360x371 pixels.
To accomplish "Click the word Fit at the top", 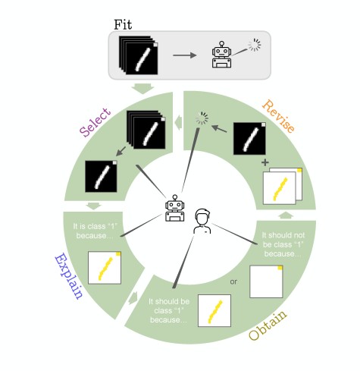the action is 123,25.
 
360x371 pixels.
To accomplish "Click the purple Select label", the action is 95,122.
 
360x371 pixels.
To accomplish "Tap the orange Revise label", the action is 278,116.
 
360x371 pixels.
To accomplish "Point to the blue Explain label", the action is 68,276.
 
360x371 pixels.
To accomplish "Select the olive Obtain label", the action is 268,325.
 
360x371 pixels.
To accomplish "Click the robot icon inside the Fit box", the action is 221,55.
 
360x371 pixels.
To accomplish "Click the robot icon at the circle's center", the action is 175,208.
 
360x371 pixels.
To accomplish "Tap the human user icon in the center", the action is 202,221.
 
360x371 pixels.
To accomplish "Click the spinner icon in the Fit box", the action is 255,46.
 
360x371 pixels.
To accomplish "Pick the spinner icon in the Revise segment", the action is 202,118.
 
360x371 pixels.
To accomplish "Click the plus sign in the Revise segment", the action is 265,162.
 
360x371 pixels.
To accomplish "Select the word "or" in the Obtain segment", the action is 233,281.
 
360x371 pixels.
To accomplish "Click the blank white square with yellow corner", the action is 266,281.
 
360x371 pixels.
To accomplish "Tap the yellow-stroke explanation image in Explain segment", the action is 105,268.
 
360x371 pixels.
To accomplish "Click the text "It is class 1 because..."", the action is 95,231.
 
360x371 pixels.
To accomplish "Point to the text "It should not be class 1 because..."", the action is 283,244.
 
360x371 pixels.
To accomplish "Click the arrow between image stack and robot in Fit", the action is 185,55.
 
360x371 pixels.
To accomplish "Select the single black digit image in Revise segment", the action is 249,139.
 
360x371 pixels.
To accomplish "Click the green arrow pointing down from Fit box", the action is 142,89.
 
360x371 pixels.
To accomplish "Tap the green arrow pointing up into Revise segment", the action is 286,215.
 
